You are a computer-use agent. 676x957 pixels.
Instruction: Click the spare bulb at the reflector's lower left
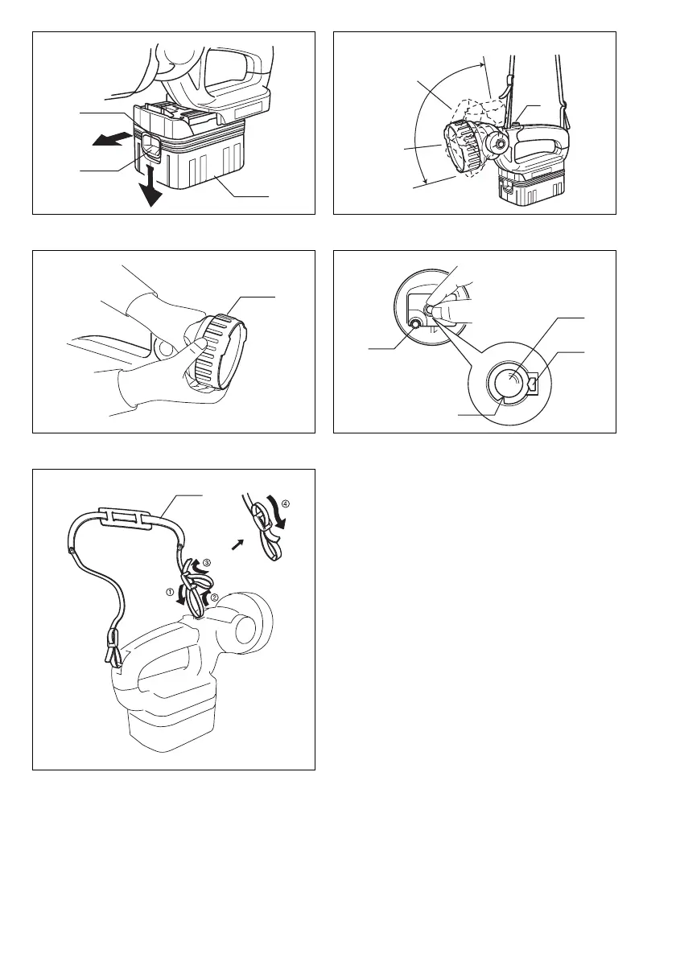tap(415, 323)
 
